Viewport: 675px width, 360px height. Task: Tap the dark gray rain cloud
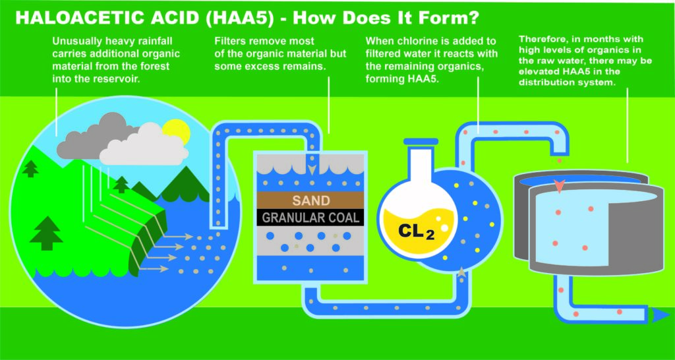tap(92, 136)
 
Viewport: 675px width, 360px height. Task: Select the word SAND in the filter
tap(311, 200)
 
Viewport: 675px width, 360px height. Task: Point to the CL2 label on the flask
tap(416, 232)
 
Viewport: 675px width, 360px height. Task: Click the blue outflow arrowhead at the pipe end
tap(660, 315)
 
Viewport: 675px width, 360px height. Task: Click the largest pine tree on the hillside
tap(46, 233)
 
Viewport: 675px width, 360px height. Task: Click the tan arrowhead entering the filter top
tap(312, 169)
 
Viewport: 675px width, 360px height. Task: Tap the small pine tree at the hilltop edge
tap(30, 169)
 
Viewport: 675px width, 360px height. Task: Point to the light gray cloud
tap(144, 146)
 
